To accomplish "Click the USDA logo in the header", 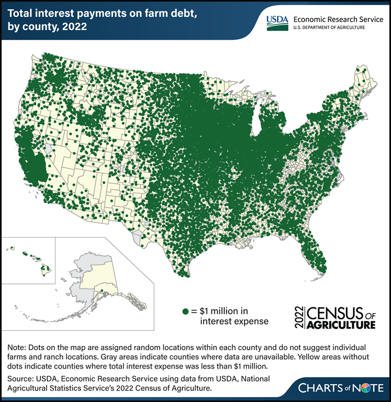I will (277, 20).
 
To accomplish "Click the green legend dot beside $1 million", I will (185, 311).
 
